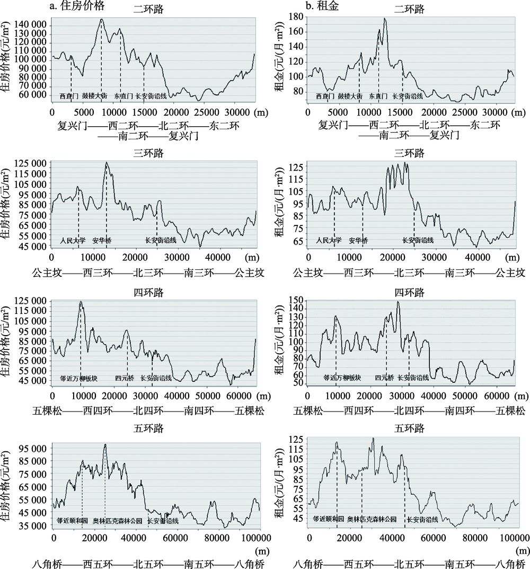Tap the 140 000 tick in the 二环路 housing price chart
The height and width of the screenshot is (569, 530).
coord(32,25)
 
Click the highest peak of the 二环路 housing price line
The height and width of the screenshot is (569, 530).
coord(101,20)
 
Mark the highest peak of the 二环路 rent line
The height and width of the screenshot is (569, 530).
coord(385,19)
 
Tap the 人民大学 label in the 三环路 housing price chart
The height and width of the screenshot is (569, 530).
coord(73,240)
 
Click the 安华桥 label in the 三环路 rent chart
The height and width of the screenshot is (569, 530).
coord(358,240)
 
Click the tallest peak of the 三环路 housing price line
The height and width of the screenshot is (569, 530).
coord(106,163)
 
